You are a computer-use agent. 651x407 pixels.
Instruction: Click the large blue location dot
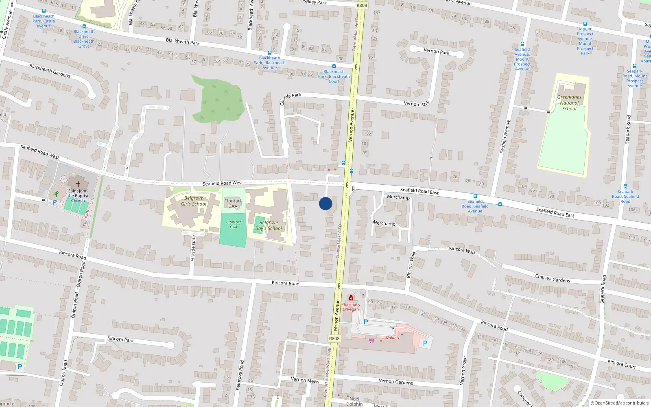pos(325,203)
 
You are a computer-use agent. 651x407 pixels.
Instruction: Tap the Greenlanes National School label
pos(569,103)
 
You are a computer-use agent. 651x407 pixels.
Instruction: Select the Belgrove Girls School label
pos(194,201)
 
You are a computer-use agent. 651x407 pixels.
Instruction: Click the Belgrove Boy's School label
pos(269,225)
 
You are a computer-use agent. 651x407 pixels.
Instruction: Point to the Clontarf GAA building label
pos(233,203)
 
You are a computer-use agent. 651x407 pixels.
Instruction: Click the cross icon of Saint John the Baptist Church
pos(78,184)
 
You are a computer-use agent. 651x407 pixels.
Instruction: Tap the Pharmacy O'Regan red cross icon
pos(351,298)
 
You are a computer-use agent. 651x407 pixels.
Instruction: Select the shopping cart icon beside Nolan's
pos(371,340)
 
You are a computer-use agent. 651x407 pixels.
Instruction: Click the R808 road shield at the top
pos(361,5)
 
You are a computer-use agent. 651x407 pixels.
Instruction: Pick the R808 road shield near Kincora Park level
pos(334,339)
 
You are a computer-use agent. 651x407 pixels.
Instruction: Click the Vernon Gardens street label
pos(395,381)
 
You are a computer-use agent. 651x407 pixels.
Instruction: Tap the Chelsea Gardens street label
pos(553,278)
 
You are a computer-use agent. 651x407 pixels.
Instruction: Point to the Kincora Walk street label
pos(462,250)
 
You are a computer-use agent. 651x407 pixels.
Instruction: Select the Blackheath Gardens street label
pos(50,70)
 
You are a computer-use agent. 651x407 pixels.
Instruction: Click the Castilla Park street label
pos(291,98)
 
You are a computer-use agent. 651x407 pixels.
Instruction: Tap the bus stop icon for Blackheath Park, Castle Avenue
pos(44,11)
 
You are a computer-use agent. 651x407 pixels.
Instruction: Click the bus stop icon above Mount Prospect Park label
pos(585,24)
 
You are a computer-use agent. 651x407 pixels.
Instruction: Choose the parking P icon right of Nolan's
pos(425,343)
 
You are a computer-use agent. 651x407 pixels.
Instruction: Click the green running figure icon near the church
pos(56,194)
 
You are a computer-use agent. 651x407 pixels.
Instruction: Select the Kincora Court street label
pos(622,364)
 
